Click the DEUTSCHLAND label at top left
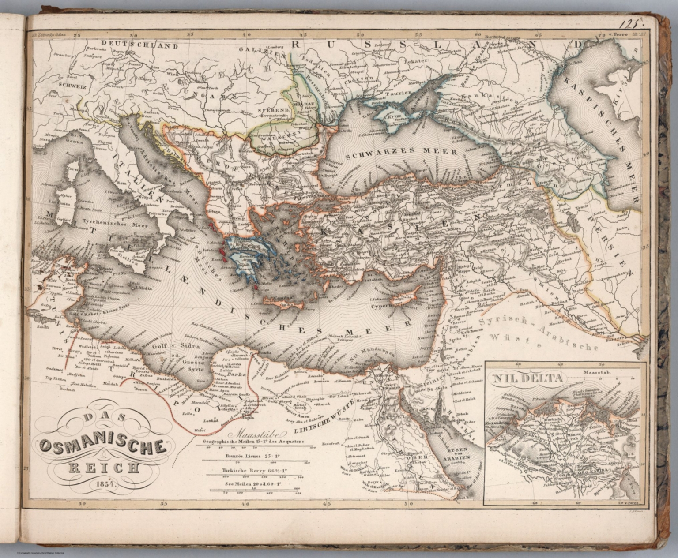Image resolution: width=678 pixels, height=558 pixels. (x=139, y=45)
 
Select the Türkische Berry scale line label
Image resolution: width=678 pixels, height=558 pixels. (x=255, y=471)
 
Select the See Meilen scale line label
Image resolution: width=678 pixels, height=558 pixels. (x=254, y=484)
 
